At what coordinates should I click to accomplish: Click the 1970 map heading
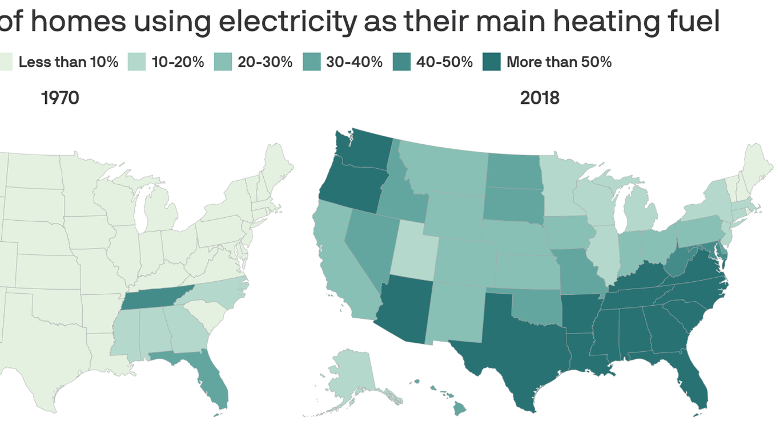[60, 98]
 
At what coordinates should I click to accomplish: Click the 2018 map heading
[540, 98]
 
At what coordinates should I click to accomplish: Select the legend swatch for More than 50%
[492, 62]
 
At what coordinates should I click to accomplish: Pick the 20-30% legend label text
[265, 62]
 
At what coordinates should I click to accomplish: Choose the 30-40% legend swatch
[311, 62]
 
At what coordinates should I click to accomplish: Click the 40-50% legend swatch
[401, 62]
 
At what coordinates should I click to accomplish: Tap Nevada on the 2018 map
[365, 245]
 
